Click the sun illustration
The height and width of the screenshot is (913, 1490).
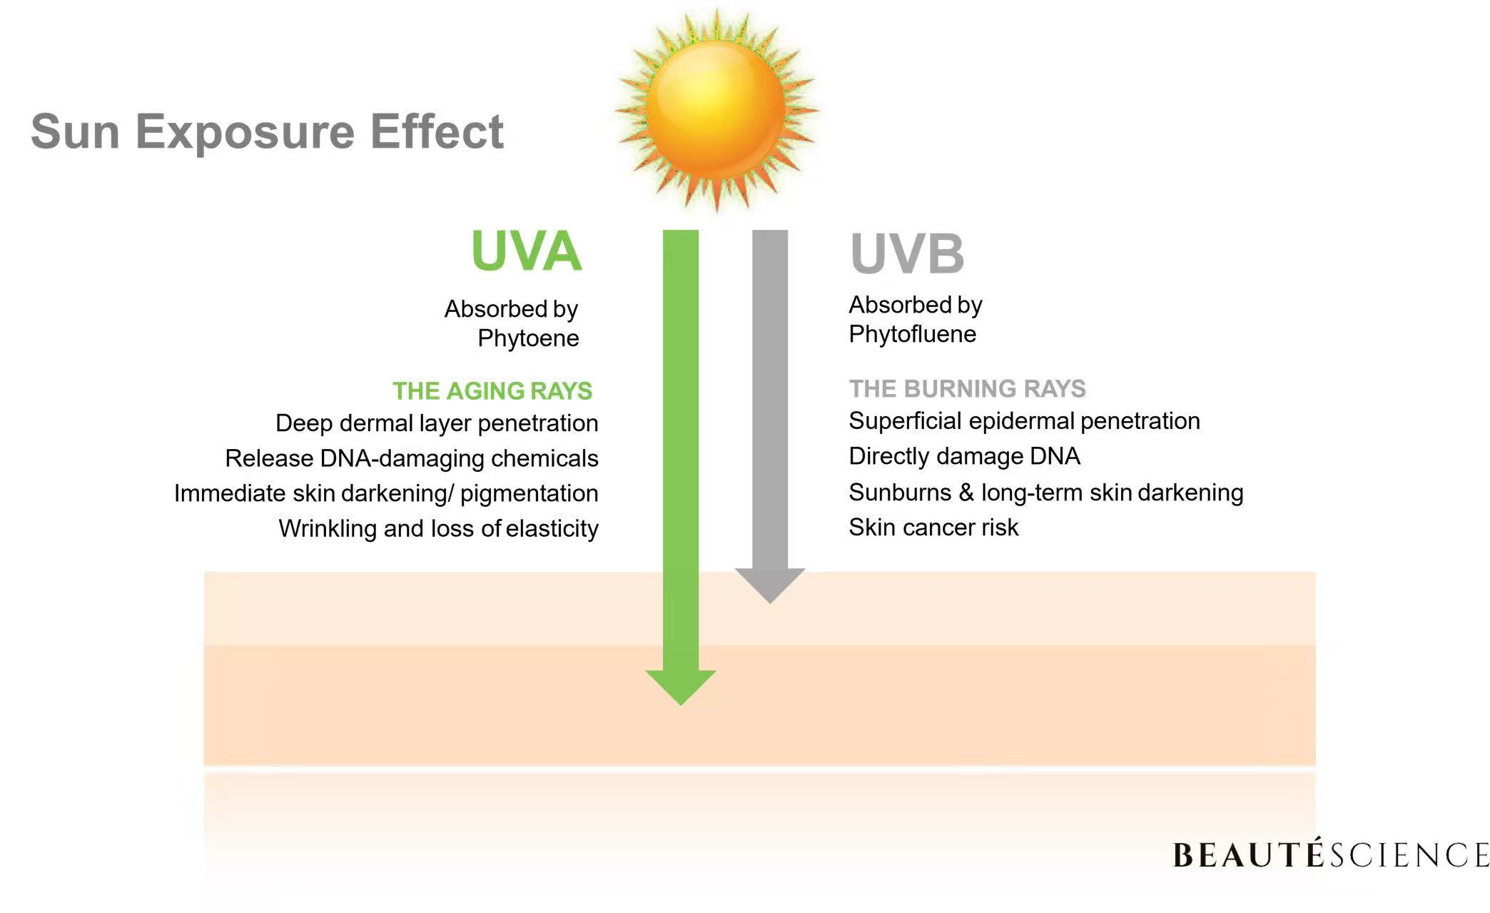pyautogui.click(x=716, y=111)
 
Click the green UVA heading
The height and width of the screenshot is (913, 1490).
pyautogui.click(x=527, y=251)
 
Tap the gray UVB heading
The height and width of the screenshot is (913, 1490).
pyautogui.click(x=907, y=253)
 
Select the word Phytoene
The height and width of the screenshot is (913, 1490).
pyautogui.click(x=528, y=338)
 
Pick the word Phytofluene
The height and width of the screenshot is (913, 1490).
pyautogui.click(x=912, y=334)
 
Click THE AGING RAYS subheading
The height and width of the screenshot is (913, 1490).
pyautogui.click(x=492, y=391)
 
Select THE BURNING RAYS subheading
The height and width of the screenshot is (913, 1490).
pyautogui.click(x=967, y=389)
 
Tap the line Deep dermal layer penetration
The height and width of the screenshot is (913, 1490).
pyautogui.click(x=437, y=423)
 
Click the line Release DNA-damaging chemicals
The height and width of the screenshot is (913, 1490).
pyautogui.click(x=412, y=458)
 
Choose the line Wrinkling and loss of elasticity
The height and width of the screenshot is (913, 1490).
pyautogui.click(x=438, y=529)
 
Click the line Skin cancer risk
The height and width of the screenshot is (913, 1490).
pyautogui.click(x=933, y=528)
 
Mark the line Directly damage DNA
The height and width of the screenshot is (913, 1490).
pyautogui.click(x=964, y=456)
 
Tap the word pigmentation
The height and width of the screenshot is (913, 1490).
pyautogui.click(x=529, y=494)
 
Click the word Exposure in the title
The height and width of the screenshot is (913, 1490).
pyautogui.click(x=245, y=131)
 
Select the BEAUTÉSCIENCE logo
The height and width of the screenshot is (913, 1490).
pyautogui.click(x=1331, y=854)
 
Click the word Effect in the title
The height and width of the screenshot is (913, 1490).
pyautogui.click(x=437, y=131)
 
